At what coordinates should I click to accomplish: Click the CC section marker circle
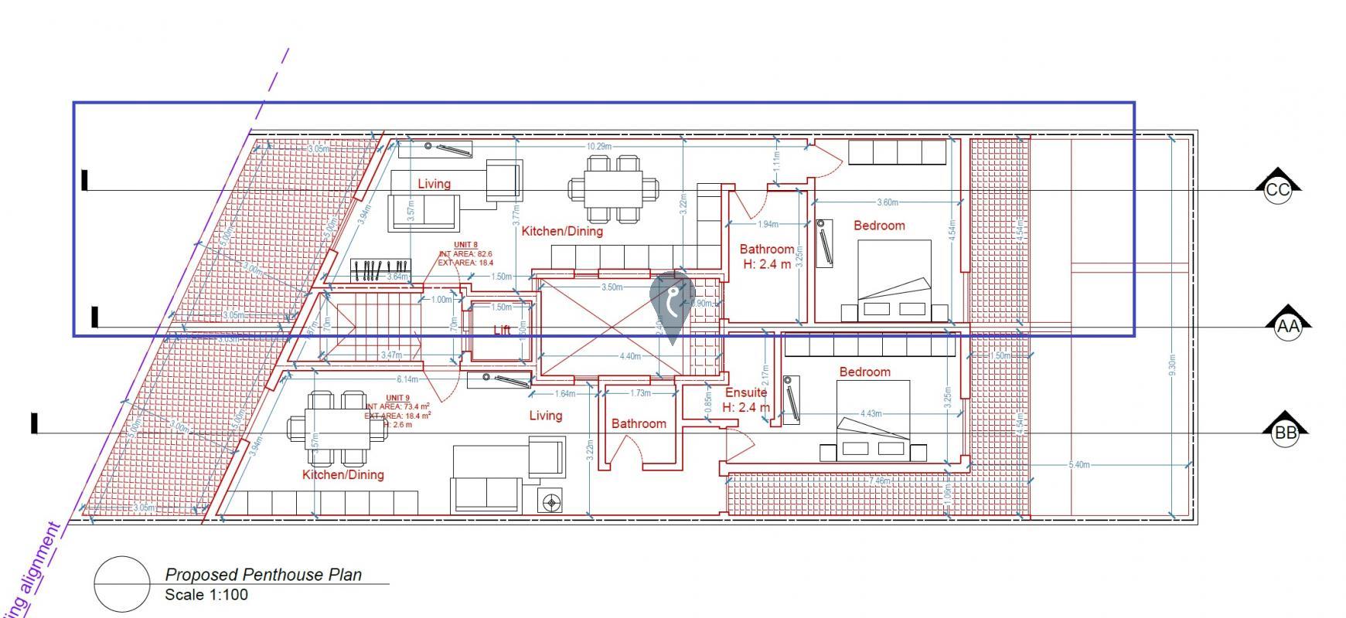pyautogui.click(x=1278, y=191)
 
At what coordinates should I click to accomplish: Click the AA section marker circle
pyautogui.click(x=1288, y=327)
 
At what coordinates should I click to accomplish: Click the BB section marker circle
pyautogui.click(x=1285, y=433)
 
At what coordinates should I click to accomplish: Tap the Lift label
pyautogui.click(x=503, y=330)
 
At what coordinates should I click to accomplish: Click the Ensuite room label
pyautogui.click(x=745, y=392)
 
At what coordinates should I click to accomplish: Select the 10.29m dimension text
pyautogui.click(x=599, y=147)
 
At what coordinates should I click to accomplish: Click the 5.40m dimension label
pyautogui.click(x=1079, y=465)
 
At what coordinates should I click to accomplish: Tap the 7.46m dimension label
pyautogui.click(x=880, y=480)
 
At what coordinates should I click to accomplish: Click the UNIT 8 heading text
pyautogui.click(x=465, y=246)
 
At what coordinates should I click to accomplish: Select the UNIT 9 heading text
pyautogui.click(x=397, y=397)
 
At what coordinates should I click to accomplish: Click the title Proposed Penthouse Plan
pyautogui.click(x=263, y=575)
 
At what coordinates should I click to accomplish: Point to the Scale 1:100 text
pyautogui.click(x=206, y=595)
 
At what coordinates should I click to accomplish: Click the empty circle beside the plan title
pyautogui.click(x=122, y=584)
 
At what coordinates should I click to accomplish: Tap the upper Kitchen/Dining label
pyautogui.click(x=562, y=231)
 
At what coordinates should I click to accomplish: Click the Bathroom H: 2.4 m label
pyautogui.click(x=766, y=256)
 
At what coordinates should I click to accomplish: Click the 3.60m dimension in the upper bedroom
pyautogui.click(x=887, y=202)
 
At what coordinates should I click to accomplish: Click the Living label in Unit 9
pyautogui.click(x=545, y=416)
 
